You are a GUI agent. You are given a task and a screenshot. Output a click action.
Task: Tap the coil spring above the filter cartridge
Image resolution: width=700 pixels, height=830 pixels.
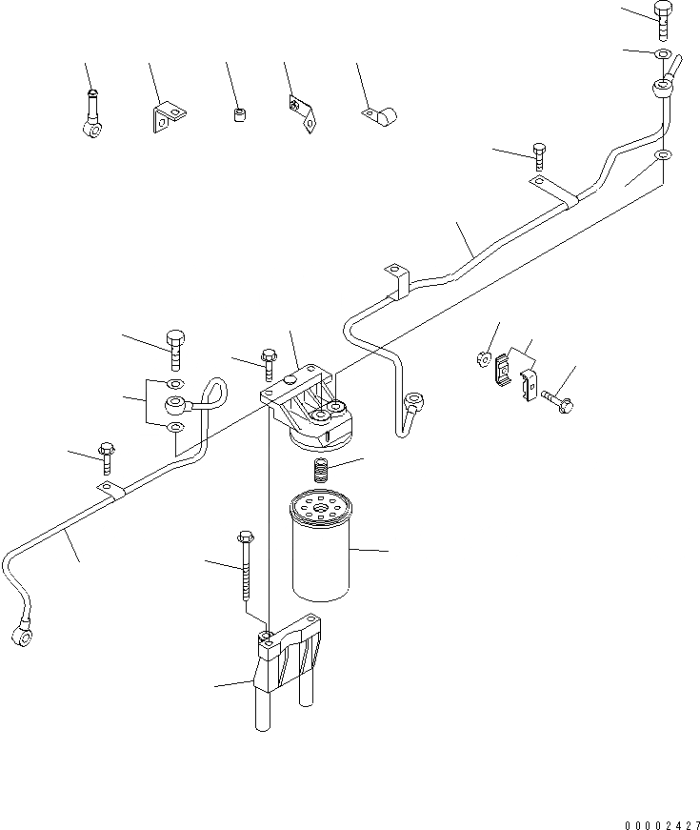coord(321,470)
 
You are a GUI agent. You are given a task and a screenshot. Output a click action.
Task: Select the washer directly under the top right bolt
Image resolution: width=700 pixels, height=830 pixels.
coord(663,51)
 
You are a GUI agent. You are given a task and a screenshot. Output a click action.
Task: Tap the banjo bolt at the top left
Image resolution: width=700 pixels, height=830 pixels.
coord(91,112)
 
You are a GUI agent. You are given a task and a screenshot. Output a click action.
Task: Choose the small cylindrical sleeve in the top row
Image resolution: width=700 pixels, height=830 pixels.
coord(239,115)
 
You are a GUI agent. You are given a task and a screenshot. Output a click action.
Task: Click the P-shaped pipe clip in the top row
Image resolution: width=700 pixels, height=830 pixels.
coord(381,115)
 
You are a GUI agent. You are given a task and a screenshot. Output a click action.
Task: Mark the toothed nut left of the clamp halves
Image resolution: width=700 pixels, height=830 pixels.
coord(483,360)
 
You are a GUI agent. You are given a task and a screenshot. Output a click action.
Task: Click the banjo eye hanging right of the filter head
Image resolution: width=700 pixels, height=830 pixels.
coord(415,404)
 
